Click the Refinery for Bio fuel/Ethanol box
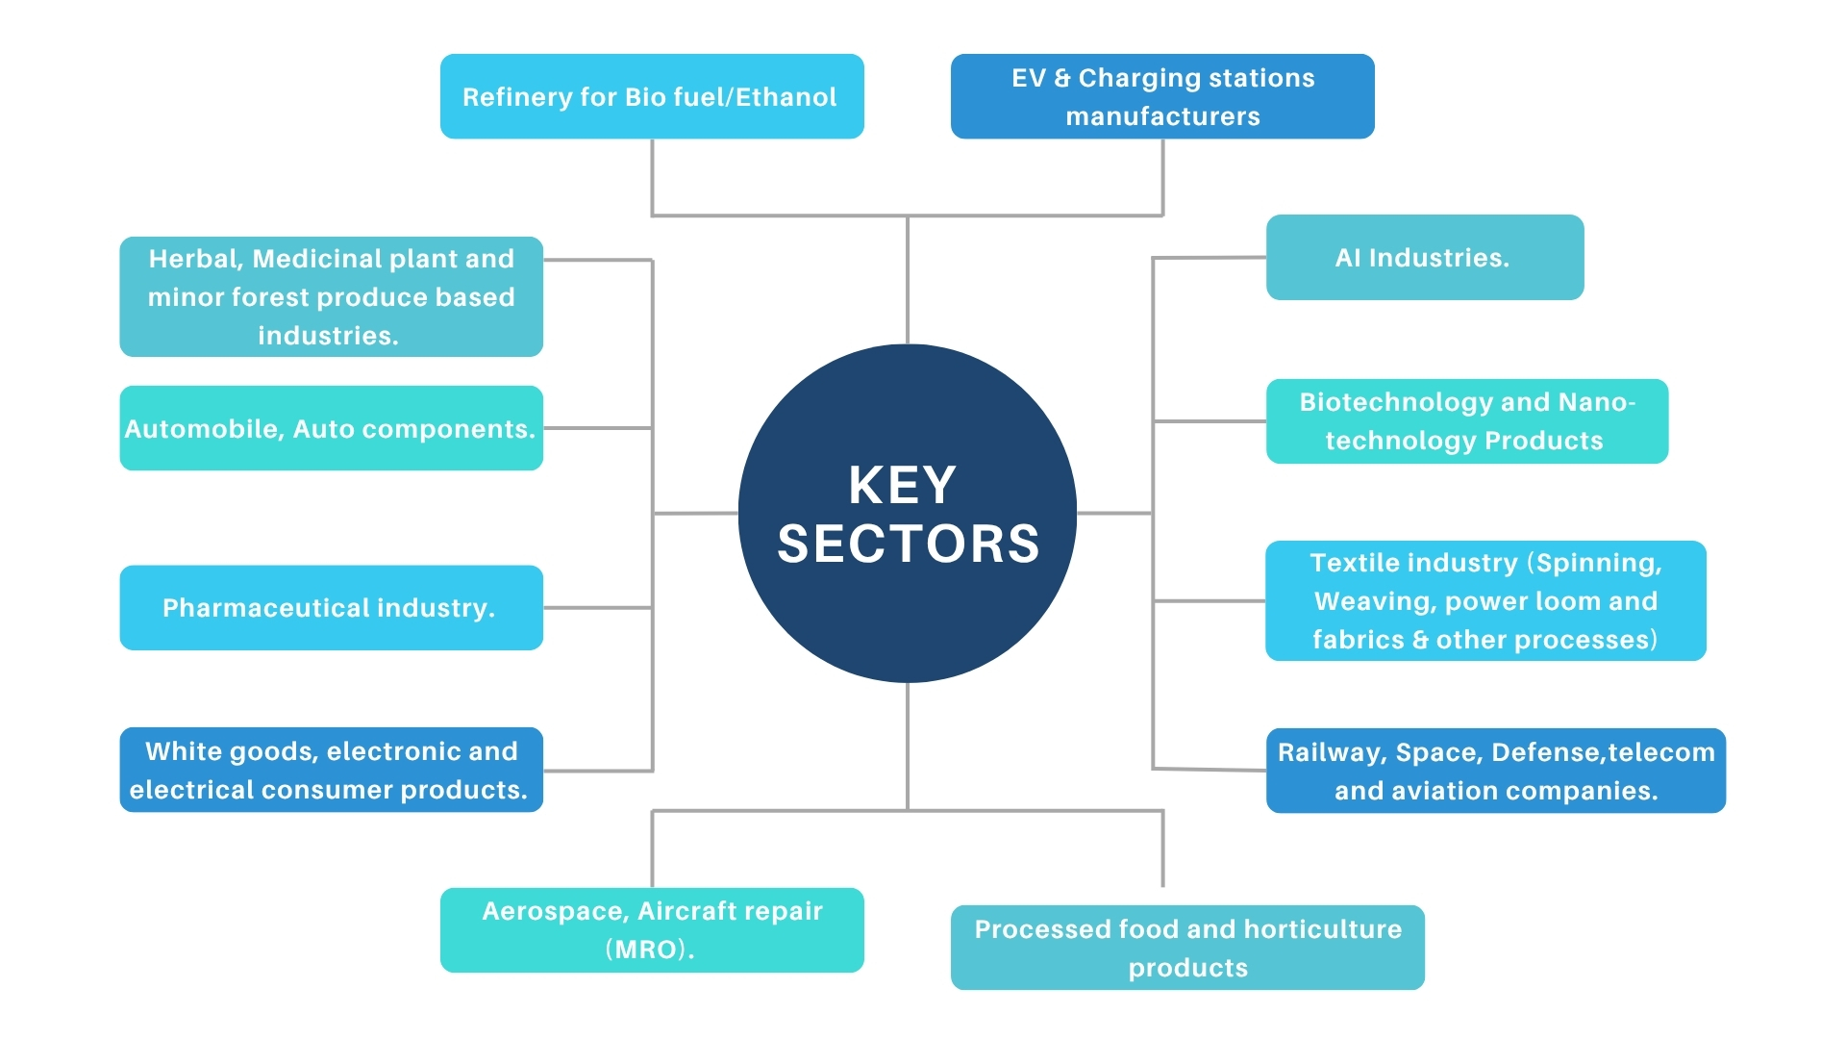coord(652,96)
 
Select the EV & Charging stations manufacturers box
coord(1162,96)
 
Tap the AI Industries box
coord(1424,258)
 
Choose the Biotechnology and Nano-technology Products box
coord(1466,421)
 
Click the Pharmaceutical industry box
coord(331,608)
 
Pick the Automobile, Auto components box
coord(331,429)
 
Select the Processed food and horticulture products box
coord(1187,948)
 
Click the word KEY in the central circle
coord(902,485)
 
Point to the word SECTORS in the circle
coord(908,545)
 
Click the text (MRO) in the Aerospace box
coord(649,950)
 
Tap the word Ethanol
coord(786,97)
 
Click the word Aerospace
coord(555,911)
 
